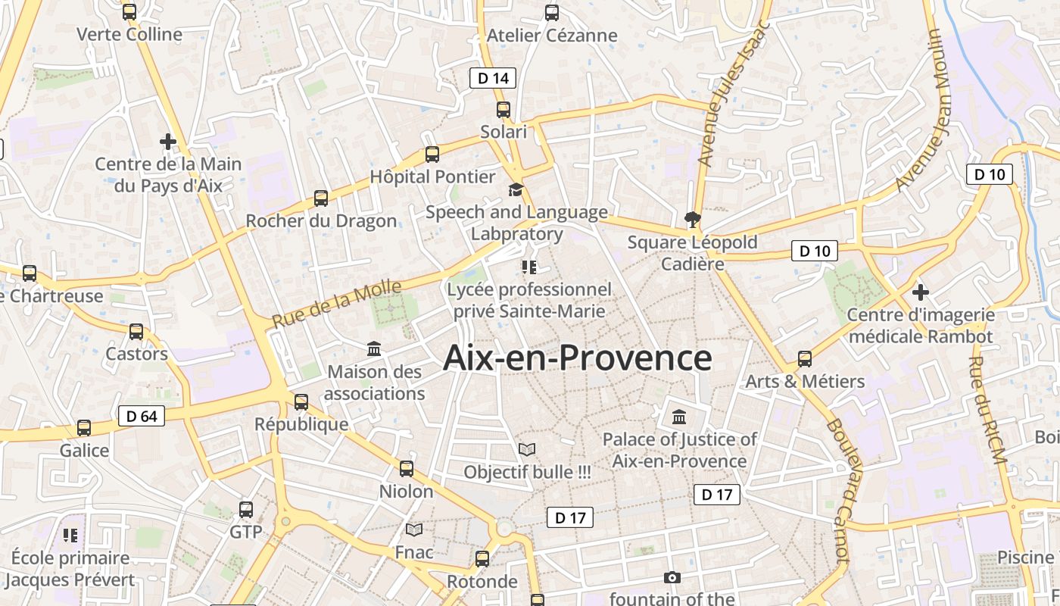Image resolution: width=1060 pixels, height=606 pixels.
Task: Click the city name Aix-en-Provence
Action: [x=577, y=358]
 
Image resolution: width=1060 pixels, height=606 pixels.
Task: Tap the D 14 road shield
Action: [x=493, y=78]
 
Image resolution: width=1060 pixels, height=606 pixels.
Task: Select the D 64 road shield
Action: [x=142, y=416]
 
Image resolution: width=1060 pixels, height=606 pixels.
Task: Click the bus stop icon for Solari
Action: [x=503, y=110]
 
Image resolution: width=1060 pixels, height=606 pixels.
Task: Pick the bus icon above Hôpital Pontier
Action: [x=432, y=155]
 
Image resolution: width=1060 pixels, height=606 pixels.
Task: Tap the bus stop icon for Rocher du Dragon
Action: [x=321, y=198]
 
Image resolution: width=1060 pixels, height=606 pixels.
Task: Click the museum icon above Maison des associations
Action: [x=374, y=349]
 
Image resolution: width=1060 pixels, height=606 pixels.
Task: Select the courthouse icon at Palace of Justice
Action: [x=679, y=417]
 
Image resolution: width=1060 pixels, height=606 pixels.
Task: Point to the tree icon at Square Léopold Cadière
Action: [x=692, y=220]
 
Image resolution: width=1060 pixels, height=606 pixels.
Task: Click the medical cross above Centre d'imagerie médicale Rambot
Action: [x=920, y=292]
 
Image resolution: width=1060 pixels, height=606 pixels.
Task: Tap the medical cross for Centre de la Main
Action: [x=168, y=142]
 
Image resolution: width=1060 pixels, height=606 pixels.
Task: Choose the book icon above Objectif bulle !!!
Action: [x=527, y=449]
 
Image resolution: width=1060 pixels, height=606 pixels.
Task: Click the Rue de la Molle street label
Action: [x=336, y=304]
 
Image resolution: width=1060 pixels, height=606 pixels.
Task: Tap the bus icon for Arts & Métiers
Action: [x=805, y=358]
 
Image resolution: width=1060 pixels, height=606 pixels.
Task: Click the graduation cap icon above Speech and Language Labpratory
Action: [x=516, y=189]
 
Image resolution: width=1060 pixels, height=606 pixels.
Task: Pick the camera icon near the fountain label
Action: [x=672, y=577]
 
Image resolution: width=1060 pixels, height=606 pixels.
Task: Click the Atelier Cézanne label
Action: [x=552, y=36]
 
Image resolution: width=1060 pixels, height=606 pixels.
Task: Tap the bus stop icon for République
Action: [x=301, y=401]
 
